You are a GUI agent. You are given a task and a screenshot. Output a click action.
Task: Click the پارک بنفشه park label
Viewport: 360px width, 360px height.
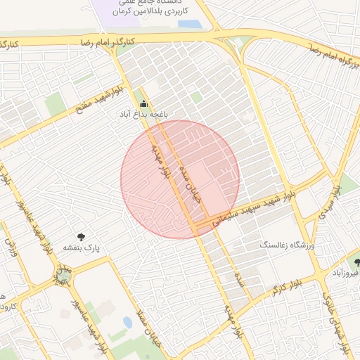[x=83, y=248]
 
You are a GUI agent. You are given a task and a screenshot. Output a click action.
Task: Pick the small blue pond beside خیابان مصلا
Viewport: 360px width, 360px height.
[x=127, y=322]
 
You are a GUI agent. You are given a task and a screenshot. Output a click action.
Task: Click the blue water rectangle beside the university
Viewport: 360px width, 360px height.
[x=190, y=23]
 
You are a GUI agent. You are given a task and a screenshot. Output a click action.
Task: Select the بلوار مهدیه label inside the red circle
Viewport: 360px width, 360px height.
[x=165, y=162]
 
